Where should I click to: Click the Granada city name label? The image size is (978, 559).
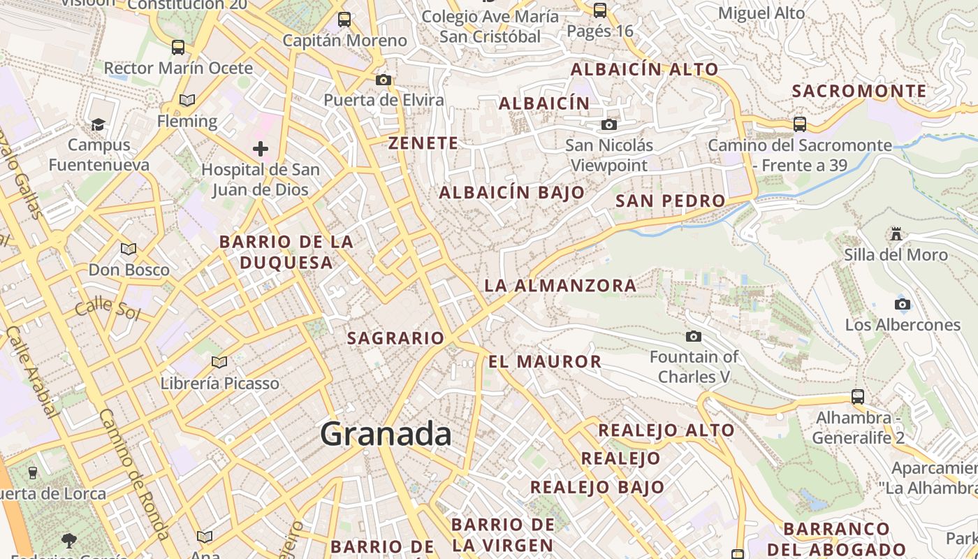tap(386, 435)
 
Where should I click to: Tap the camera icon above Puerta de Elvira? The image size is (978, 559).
tap(384, 80)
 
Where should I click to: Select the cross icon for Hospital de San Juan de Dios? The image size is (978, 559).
tap(261, 148)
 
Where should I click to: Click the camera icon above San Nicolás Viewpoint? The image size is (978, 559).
tap(609, 124)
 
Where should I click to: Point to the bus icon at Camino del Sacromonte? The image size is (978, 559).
tap(800, 124)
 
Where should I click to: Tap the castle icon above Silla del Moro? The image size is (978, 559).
tap(896, 233)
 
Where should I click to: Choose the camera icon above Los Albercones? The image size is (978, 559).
tap(903, 304)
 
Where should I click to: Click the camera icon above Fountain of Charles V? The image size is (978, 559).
tap(694, 337)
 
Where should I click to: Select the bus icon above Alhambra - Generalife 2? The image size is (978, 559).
tap(858, 397)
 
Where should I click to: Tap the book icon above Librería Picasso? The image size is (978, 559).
tap(219, 362)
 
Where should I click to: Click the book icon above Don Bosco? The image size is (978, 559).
tap(129, 249)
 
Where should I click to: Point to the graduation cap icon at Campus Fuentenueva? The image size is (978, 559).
tap(98, 124)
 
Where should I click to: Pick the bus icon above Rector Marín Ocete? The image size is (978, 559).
tap(178, 48)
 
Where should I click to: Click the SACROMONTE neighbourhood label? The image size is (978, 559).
tap(859, 91)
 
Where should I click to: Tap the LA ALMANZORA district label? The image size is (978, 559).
tap(560, 285)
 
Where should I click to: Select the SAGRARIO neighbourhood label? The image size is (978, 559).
tap(395, 338)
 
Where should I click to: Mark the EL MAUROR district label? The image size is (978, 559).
tap(545, 361)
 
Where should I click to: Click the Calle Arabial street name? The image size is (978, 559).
tap(31, 370)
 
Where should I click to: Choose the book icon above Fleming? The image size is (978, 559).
tap(187, 101)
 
